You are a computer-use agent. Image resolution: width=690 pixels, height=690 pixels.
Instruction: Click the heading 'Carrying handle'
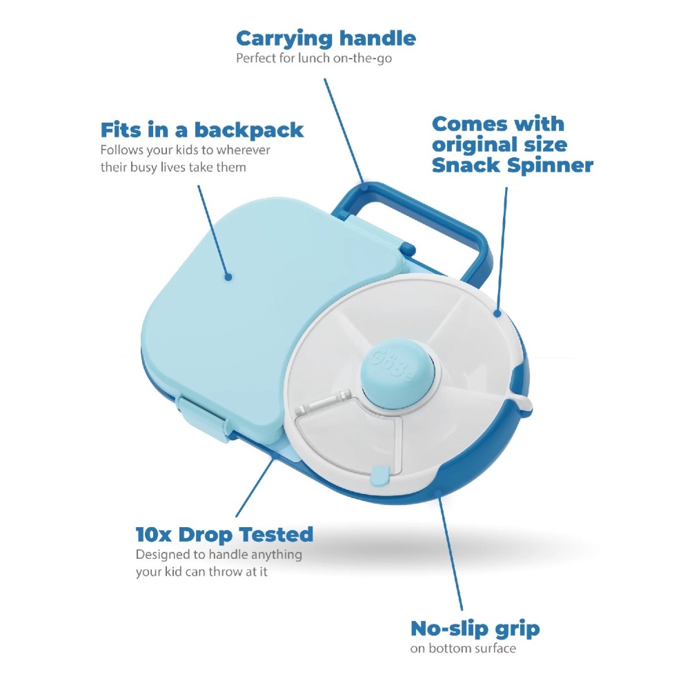(x=326, y=39)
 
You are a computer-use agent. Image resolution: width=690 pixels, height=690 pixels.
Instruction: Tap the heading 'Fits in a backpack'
(x=202, y=130)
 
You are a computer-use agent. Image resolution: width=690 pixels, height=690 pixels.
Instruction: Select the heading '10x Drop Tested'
(x=224, y=535)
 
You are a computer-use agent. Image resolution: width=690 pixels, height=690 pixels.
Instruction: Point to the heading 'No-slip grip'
(x=475, y=629)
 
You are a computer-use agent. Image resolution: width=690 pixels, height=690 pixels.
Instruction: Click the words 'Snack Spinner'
(x=513, y=166)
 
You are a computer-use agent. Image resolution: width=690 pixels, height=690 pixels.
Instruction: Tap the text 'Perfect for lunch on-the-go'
(x=314, y=59)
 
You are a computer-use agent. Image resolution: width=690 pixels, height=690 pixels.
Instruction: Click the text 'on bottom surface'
(x=463, y=648)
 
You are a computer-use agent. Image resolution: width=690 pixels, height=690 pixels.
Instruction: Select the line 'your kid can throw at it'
(x=201, y=571)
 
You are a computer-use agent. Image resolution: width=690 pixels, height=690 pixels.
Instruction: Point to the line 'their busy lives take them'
(x=173, y=167)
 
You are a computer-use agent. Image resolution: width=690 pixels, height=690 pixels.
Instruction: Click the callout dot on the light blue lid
(x=228, y=277)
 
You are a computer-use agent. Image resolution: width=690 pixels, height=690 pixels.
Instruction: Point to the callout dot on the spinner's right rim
(x=497, y=313)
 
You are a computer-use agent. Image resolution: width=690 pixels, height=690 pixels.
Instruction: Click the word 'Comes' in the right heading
(x=469, y=124)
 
